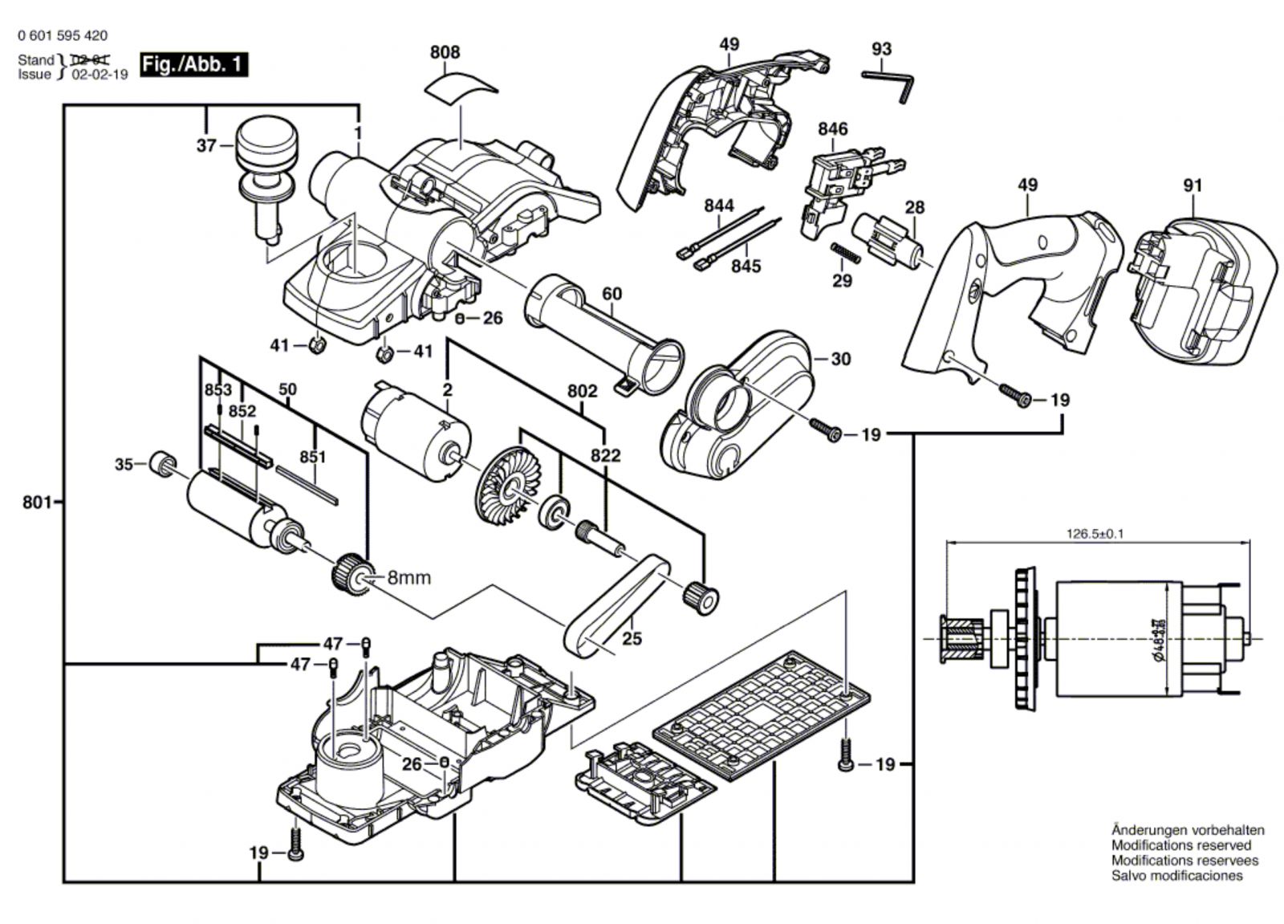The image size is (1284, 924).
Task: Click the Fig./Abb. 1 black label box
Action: (193, 65)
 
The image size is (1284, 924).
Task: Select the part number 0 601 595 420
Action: (62, 36)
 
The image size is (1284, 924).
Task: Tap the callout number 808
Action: (445, 53)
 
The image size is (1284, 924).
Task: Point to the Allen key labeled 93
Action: (890, 79)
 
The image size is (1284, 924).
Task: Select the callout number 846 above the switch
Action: (833, 129)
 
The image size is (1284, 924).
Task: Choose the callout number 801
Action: (37, 503)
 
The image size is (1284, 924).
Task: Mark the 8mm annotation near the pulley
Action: (409, 577)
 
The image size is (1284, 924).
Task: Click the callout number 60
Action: (612, 295)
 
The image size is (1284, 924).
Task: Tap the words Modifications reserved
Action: (1180, 845)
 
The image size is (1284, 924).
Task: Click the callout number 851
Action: (312, 458)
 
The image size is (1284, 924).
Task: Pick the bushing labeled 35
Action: (164, 464)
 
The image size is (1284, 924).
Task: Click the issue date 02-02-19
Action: (100, 75)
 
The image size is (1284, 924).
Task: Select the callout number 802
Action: (582, 392)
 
